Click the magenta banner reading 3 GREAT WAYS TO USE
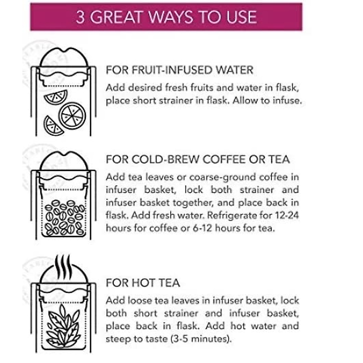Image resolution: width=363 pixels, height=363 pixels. coord(166,17)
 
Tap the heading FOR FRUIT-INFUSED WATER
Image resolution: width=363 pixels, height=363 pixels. coord(179,70)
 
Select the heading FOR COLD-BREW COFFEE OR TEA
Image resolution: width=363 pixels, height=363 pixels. coord(198,159)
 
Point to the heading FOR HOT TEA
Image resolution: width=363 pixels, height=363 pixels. coord(143,283)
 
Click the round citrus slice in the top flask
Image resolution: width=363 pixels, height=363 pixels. coord(72,115)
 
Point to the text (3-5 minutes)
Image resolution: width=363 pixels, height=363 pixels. coord(201,339)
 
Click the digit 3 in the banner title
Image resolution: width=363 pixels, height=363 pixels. coord(80,17)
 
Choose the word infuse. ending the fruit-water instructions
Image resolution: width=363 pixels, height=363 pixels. coord(287,100)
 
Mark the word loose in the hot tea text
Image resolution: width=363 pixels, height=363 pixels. coord(140,301)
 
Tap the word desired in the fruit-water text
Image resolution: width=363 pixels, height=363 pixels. coord(145,88)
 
